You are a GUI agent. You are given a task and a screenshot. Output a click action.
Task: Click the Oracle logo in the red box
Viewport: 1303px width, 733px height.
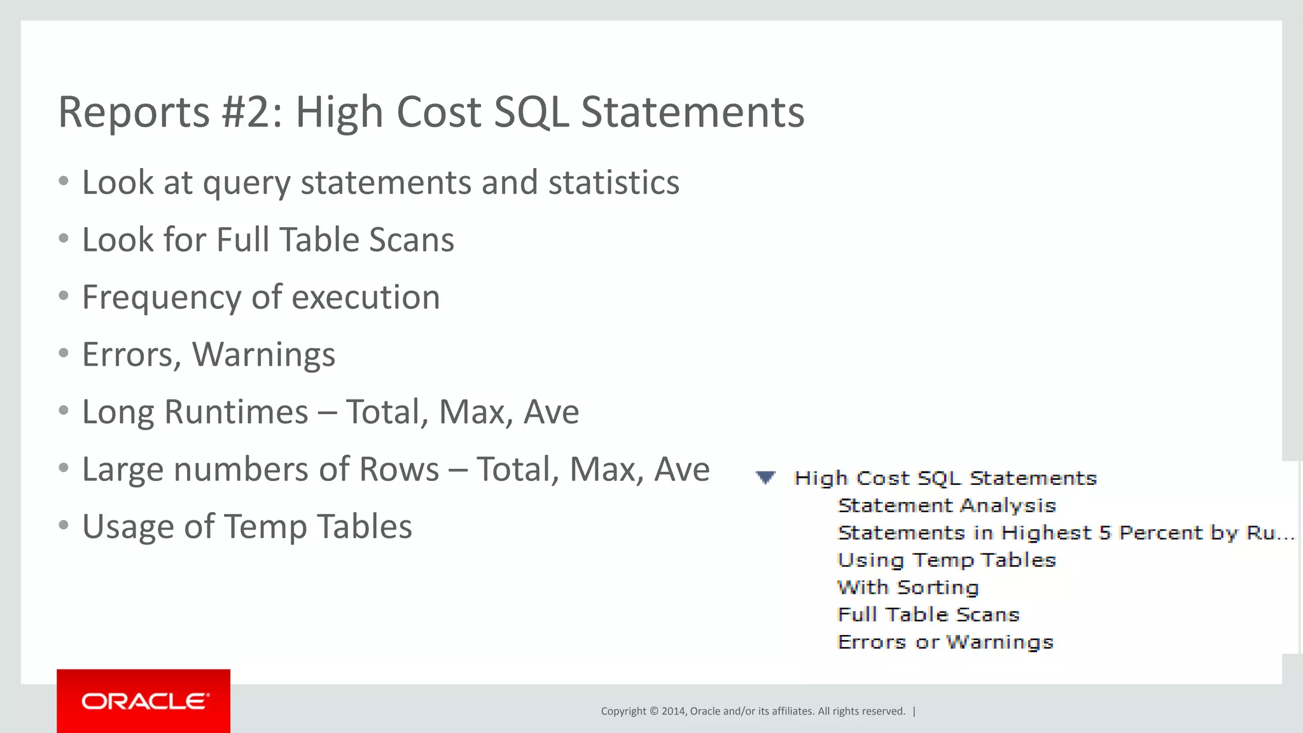[x=144, y=701]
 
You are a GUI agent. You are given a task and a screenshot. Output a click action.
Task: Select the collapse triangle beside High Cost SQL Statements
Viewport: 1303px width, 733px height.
[x=765, y=477]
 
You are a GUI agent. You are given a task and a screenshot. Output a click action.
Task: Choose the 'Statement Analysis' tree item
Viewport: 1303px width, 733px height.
[x=947, y=506]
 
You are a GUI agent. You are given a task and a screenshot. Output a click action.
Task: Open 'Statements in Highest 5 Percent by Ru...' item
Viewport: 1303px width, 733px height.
[x=1066, y=533]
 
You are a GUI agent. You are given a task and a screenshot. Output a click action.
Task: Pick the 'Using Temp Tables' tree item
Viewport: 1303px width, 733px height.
[x=947, y=561]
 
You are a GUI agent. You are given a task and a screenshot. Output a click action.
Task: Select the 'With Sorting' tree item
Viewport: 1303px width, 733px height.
[x=908, y=588]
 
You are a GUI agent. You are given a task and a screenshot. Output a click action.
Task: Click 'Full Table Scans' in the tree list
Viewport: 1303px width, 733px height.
[x=928, y=615]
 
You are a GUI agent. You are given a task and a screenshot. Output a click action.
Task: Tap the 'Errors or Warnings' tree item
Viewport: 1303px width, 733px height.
[x=945, y=643]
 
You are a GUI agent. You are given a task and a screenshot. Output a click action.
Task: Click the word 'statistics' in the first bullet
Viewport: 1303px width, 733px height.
[x=614, y=183]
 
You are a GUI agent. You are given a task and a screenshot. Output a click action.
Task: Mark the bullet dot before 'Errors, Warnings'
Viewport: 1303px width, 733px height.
[x=63, y=353]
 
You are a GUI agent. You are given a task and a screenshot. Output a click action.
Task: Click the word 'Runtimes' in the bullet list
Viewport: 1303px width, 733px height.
[x=236, y=412]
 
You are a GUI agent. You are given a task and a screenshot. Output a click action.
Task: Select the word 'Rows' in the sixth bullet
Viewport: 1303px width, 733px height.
[x=399, y=470]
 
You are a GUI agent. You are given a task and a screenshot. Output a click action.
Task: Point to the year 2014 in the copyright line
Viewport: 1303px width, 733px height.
[x=673, y=711]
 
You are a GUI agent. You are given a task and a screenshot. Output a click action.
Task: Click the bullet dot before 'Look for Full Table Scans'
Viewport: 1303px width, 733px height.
[x=63, y=239]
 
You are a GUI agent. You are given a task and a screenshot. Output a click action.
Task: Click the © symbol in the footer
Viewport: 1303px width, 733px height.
[x=653, y=711]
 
